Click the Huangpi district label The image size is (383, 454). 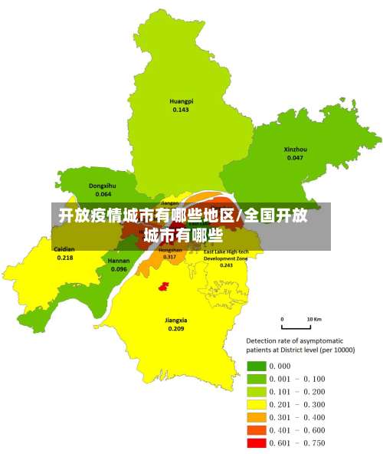[x=182, y=101]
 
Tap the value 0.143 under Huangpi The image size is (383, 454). [x=182, y=110]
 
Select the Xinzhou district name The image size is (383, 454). [x=295, y=149]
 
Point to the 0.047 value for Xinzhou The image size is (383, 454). [x=295, y=157]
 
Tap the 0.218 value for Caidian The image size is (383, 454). [x=65, y=258]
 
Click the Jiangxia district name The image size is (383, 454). [x=176, y=320]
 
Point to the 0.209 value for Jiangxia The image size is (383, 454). [x=176, y=328]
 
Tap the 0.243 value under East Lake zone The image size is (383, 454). [x=226, y=265]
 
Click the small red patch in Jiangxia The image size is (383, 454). [x=163, y=286]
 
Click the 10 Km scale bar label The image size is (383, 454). [x=314, y=318]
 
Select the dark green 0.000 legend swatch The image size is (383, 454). [x=256, y=366]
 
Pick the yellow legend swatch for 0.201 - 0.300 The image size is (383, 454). [x=256, y=404]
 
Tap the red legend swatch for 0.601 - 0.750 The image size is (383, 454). [x=256, y=443]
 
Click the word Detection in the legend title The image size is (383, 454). [x=263, y=340]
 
